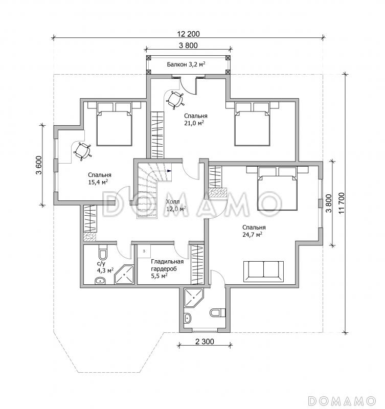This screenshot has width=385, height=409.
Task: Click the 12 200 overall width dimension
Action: tap(188, 34)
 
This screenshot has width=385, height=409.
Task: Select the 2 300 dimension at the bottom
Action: tap(204, 342)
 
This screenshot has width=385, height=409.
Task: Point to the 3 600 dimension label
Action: tap(39, 165)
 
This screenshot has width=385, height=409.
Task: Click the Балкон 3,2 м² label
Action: tap(186, 64)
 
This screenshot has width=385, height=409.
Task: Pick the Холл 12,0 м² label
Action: tap(176, 205)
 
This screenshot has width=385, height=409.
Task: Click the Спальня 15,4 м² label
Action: tap(99, 178)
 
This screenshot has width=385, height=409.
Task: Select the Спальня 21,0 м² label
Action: tap(196, 119)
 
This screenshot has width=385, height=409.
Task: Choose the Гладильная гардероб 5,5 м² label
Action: tap(167, 269)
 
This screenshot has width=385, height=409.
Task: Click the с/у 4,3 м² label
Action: tap(105, 267)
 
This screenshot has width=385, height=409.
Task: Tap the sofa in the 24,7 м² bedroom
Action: tap(263, 271)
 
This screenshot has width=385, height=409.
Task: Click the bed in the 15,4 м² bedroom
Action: tap(114, 124)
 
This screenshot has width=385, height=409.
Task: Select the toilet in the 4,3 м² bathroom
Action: tap(102, 254)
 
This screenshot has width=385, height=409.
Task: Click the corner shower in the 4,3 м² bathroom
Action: tap(124, 275)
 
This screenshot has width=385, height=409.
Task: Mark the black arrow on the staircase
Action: tap(169, 171)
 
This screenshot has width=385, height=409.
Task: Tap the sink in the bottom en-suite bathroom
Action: tap(188, 318)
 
